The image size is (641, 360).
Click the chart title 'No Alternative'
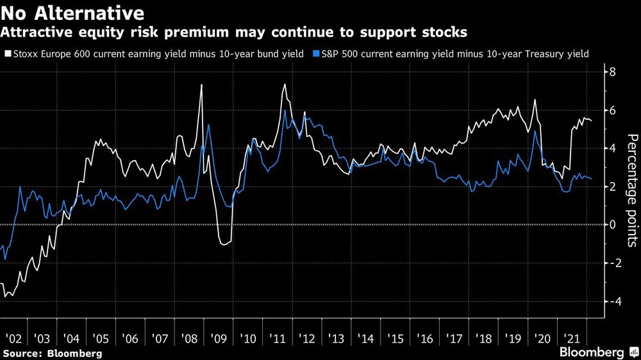72,13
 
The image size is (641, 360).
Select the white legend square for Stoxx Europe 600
7,54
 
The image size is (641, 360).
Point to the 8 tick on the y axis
612,72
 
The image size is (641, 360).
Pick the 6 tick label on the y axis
612,110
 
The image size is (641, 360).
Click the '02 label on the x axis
14,339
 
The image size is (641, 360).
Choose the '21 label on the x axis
568,339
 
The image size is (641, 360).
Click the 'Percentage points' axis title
631,190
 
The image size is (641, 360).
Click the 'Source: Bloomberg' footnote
52,353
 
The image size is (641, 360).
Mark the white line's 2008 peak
202,85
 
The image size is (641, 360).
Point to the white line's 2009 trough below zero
224,244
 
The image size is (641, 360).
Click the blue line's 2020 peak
535,131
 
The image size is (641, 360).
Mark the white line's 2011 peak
285,84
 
